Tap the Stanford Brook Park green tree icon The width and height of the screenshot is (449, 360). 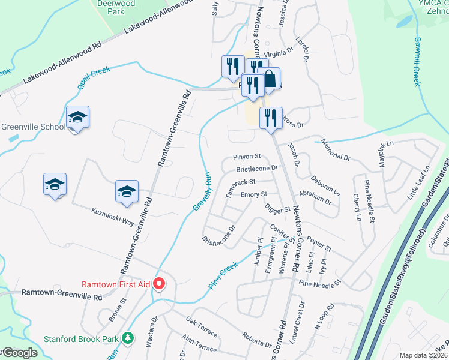[127, 338]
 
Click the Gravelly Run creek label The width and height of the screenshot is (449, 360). [203, 191]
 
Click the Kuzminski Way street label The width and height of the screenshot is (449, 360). [113, 217]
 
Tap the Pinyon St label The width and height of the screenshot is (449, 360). [247, 157]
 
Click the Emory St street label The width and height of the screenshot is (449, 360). [253, 194]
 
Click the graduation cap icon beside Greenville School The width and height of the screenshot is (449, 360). [78, 117]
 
